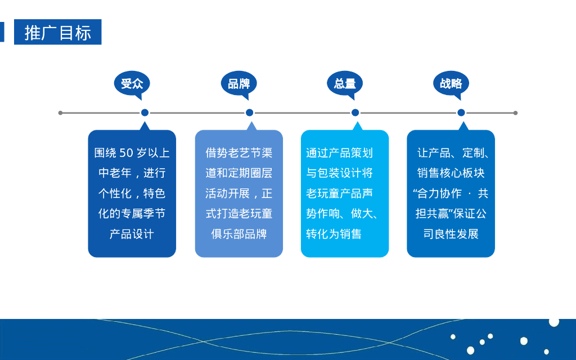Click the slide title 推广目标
tap(57, 33)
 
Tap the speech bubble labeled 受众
tap(132, 84)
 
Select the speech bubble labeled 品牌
tap(238, 84)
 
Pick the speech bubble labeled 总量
tap(344, 84)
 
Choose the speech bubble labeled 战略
tap(451, 84)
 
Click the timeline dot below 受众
tap(145, 112)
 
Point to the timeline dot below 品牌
tap(250, 112)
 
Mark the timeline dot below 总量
tap(355, 112)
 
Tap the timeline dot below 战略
tap(461, 112)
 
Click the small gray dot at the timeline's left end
tap(61, 112)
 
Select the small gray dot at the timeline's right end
tap(515, 112)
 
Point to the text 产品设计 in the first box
tap(132, 234)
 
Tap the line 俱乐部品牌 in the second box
tap(238, 234)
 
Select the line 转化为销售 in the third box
tap(334, 234)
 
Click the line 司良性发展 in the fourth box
tap(451, 234)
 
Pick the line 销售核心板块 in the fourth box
tap(451, 173)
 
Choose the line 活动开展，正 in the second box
tap(238, 193)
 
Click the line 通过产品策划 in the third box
tap(339, 153)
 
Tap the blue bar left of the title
tap(2, 32)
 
